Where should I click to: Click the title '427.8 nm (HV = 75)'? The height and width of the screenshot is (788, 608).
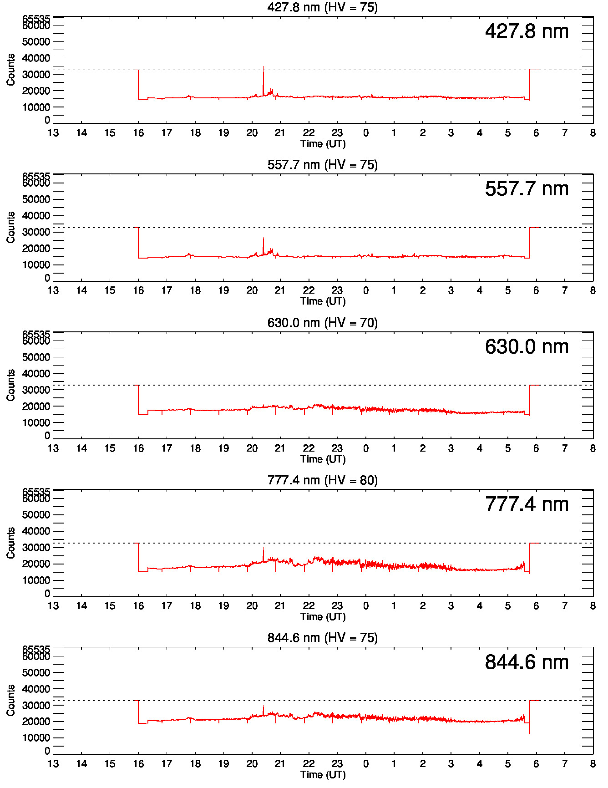[x=322, y=7]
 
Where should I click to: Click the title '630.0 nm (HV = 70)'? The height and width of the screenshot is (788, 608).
[x=322, y=323]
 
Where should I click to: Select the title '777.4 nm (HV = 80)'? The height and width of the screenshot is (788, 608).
[x=322, y=480]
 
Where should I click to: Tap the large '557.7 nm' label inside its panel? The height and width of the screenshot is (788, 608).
[x=527, y=189]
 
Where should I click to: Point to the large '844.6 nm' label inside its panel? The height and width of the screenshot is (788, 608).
[x=527, y=662]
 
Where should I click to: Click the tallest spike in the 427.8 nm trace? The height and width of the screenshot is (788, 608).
[x=263, y=67]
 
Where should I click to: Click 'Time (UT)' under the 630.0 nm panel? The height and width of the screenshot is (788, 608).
[x=323, y=459]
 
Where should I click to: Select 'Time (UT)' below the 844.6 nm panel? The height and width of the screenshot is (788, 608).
[x=323, y=774]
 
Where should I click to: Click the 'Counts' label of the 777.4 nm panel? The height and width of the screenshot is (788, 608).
[x=10, y=543]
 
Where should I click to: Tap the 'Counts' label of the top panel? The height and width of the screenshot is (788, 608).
[x=10, y=70]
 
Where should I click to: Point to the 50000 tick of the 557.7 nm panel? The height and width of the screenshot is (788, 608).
[x=36, y=199]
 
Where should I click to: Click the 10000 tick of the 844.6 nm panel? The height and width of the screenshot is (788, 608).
[x=36, y=738]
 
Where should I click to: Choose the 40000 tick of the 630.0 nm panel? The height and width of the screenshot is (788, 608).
[x=36, y=374]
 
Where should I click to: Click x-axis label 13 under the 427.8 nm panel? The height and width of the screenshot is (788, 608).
[x=53, y=133]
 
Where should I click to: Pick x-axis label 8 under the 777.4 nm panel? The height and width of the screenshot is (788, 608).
[x=593, y=606]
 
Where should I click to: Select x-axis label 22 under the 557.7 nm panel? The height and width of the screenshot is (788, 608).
[x=309, y=290]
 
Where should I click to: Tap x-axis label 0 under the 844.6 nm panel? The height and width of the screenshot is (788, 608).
[x=365, y=764]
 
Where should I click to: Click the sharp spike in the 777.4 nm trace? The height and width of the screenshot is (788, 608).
[x=263, y=548]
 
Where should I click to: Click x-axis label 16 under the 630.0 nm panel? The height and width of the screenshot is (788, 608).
[x=138, y=448]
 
